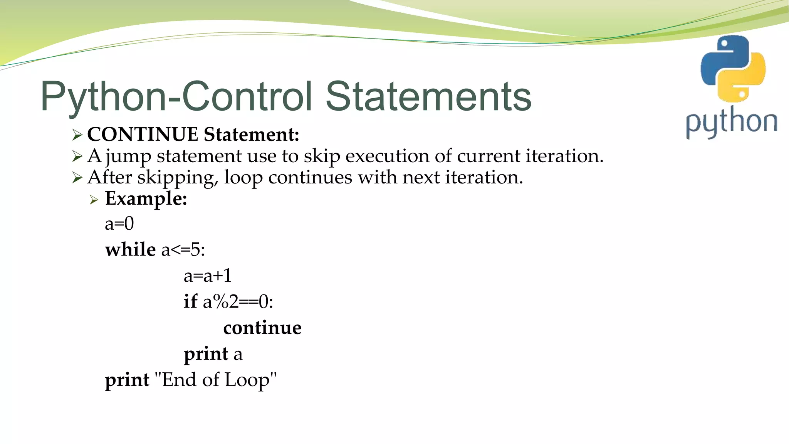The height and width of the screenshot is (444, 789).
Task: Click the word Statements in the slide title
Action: pyautogui.click(x=428, y=96)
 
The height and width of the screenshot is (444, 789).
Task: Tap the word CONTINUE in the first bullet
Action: pyautogui.click(x=143, y=135)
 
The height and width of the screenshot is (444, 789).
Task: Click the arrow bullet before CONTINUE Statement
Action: pyautogui.click(x=77, y=135)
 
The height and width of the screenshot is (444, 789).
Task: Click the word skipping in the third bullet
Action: pyautogui.click(x=178, y=178)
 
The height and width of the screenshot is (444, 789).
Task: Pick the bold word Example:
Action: pyautogui.click(x=146, y=199)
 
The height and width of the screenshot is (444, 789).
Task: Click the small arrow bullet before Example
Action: pyautogui.click(x=94, y=200)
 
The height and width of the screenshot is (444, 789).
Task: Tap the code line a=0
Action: pyautogui.click(x=119, y=224)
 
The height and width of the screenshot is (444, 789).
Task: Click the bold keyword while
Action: pyautogui.click(x=130, y=249)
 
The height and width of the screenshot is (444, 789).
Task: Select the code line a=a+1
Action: pyautogui.click(x=208, y=276)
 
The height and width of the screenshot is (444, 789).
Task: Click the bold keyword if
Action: pyautogui.click(x=190, y=301)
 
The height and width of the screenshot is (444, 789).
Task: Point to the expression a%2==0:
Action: pyautogui.click(x=238, y=302)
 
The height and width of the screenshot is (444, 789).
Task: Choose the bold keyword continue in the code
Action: pyautogui.click(x=262, y=328)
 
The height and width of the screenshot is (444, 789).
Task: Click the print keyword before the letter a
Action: pyautogui.click(x=206, y=354)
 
